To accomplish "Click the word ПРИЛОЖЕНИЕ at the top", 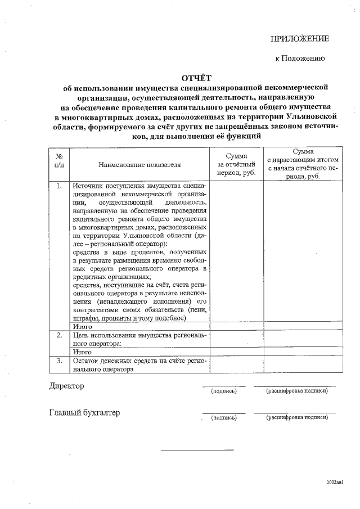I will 299,38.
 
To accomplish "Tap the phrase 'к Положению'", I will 299,58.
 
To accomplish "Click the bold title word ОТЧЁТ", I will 197,78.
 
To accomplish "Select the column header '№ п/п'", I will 59,160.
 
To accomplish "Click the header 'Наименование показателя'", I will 139,165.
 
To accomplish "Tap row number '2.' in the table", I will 59,335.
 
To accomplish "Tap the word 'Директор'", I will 66,386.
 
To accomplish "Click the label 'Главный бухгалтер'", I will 84,413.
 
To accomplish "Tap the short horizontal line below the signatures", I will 197,449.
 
